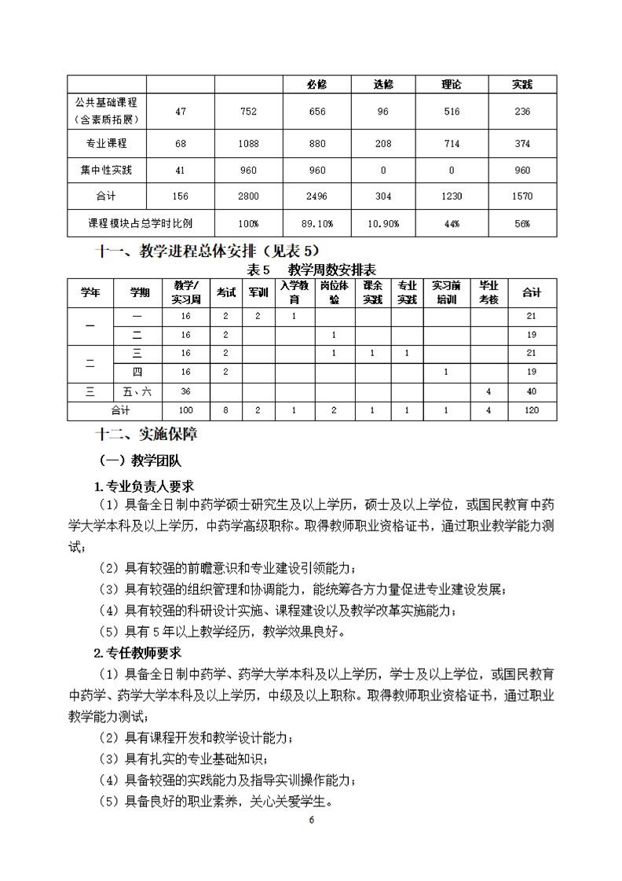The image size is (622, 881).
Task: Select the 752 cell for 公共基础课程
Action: pos(248,112)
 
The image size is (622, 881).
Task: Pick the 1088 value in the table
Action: pos(248,144)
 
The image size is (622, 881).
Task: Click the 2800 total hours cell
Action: pos(248,196)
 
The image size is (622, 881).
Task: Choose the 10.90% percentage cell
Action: pos(383,224)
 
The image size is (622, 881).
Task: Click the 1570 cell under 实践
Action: pos(522,196)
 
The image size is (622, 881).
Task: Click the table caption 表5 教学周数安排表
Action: pos(310,269)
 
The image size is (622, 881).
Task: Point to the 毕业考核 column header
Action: pos(488,292)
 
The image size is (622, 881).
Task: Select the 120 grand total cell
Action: pos(532,410)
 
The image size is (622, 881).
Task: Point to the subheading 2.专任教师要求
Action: pos(138,652)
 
